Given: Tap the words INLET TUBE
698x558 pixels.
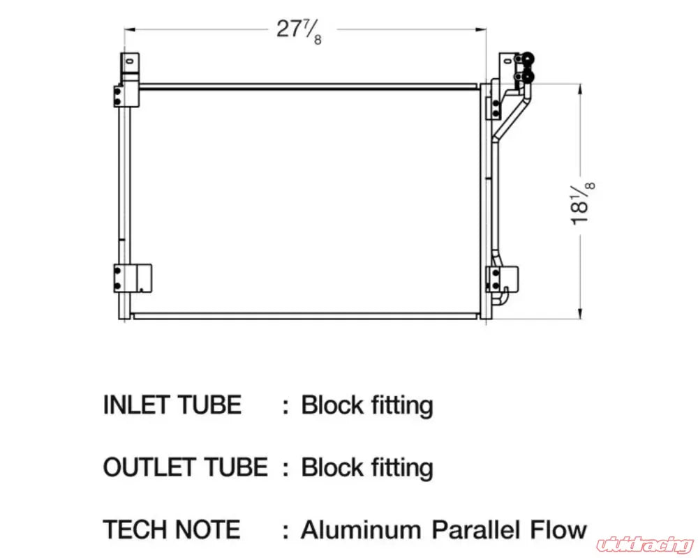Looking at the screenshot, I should (172, 405).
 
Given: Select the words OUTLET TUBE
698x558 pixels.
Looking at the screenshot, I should (185, 467).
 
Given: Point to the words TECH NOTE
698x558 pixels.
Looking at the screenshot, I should (172, 529).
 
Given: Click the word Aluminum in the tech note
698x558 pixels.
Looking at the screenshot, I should (362, 529).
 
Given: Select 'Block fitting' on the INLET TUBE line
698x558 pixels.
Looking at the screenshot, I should (367, 405).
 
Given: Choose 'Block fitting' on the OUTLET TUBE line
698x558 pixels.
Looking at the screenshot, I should (367, 467).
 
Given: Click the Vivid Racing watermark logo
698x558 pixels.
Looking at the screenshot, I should (645, 542).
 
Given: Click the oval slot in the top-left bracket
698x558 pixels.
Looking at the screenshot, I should (129, 61).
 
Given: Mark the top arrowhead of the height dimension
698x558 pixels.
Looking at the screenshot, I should (580, 88).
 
